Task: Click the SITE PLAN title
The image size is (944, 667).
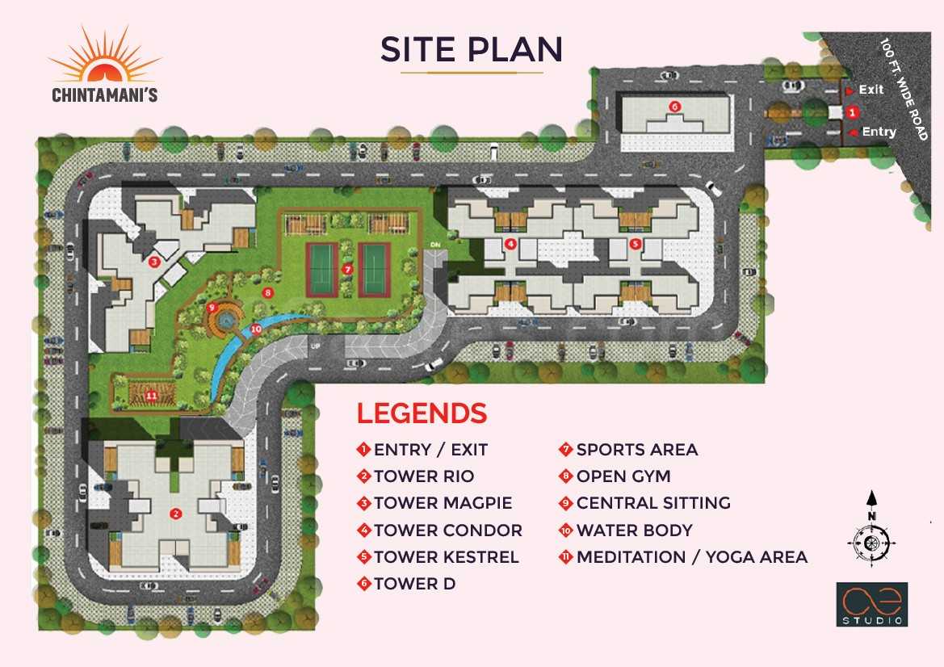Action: click(x=472, y=50)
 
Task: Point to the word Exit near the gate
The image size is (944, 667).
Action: click(x=871, y=90)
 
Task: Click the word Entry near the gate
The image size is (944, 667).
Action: click(x=879, y=132)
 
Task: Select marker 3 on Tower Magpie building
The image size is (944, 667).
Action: click(x=154, y=261)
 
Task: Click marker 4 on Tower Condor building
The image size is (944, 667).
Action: click(x=510, y=243)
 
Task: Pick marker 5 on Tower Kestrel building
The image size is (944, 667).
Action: click(x=636, y=243)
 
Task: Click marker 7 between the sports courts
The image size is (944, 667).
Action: click(x=347, y=268)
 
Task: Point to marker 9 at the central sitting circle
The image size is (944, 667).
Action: click(x=212, y=308)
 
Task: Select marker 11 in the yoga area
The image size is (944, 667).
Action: click(x=151, y=395)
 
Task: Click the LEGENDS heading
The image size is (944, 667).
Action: click(x=422, y=413)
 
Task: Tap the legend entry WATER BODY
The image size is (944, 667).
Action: click(x=634, y=531)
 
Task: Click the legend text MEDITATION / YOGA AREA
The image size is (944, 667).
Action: click(x=691, y=557)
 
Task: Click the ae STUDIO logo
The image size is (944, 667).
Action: click(x=871, y=604)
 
